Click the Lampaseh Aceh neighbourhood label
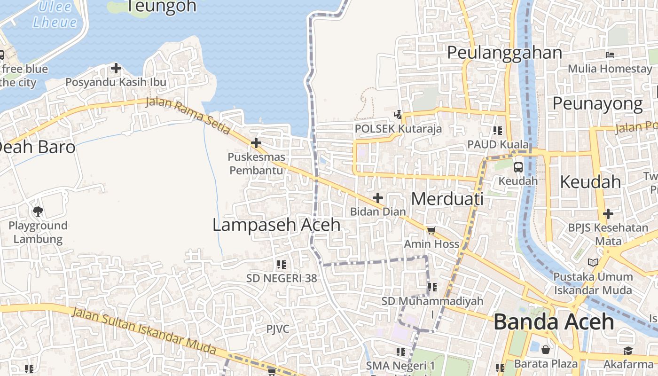pos(276,225)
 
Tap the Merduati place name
pos(447,199)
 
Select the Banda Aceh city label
pos(554,322)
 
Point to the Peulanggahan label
pos(504,53)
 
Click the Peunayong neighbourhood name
pos(597,103)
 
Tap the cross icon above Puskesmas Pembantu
pos(256,142)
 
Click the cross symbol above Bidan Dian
pos(377,198)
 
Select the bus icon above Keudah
pos(518,167)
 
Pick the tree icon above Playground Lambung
pos(38,211)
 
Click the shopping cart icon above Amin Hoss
pos(431,230)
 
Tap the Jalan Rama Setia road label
pos(188,116)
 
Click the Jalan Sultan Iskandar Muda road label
pos(145,332)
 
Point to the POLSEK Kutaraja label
pos(398,128)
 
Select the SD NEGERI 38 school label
pos(282,278)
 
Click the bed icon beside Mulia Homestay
pos(610,55)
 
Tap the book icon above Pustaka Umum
pos(593,262)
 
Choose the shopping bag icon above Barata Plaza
pos(546,350)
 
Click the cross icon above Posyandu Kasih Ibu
pos(116,69)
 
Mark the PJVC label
pos(278,329)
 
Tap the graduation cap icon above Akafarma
pos(628,351)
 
